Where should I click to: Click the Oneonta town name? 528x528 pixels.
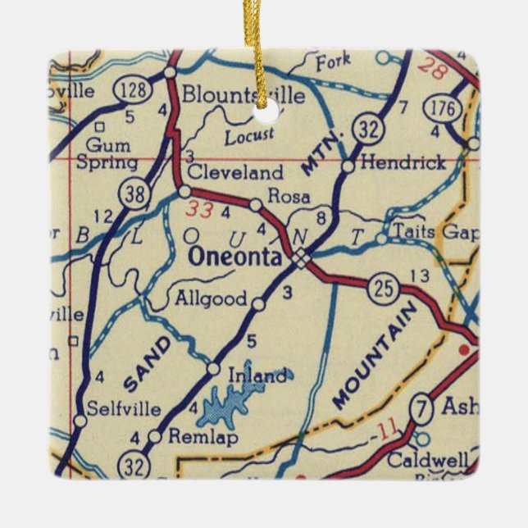pos(234,257)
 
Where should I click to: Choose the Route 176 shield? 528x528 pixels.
pos(440,108)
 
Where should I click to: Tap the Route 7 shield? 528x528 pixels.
pos(421,407)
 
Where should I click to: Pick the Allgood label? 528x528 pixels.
pos(211,299)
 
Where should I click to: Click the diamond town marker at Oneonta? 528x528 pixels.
pos(302,259)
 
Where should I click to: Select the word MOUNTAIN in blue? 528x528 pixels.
pos(376,355)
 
